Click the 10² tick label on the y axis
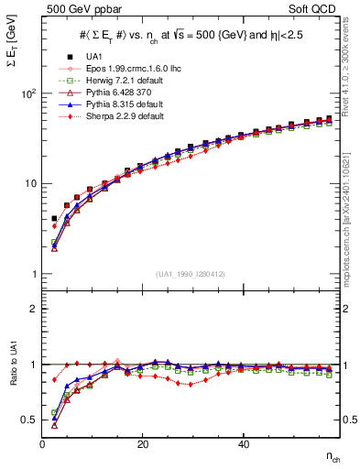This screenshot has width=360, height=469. coord(29,93)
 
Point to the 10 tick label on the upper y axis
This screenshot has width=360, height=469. coord(31,183)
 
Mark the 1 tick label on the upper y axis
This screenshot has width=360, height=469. coord(35,274)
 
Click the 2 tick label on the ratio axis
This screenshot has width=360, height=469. coord(35,309)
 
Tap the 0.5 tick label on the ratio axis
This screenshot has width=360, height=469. coord(30,420)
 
